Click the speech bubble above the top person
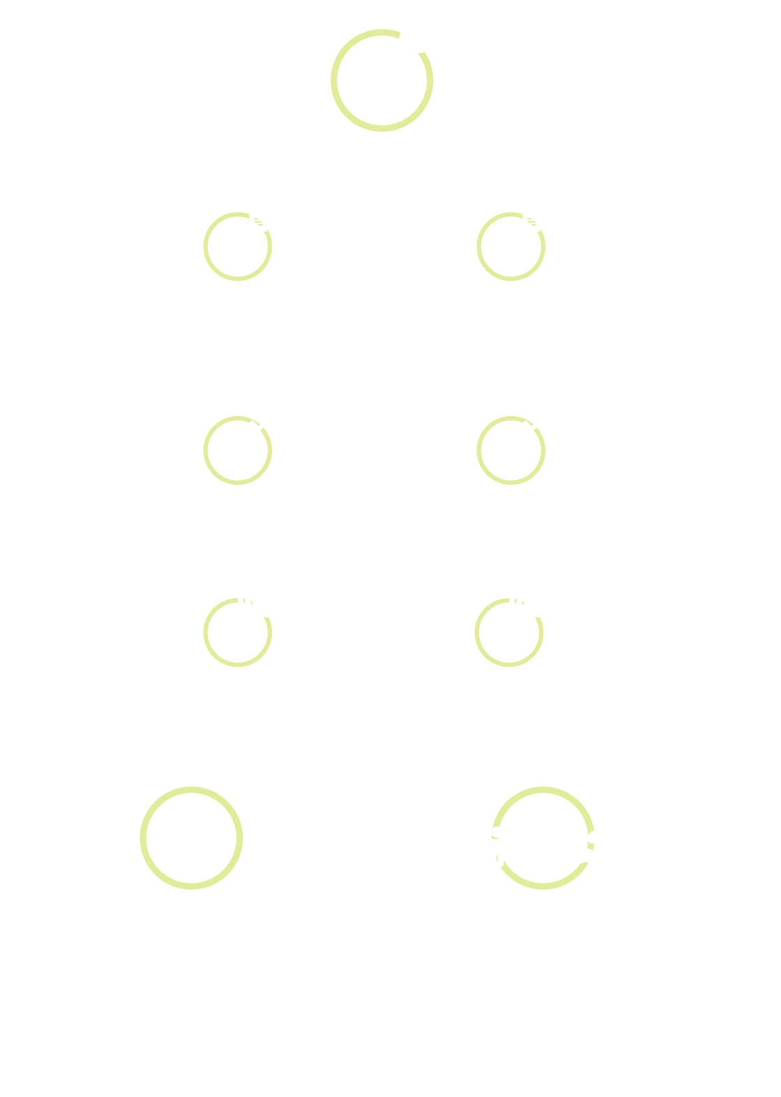point(416,40)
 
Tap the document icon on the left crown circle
point(259,219)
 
